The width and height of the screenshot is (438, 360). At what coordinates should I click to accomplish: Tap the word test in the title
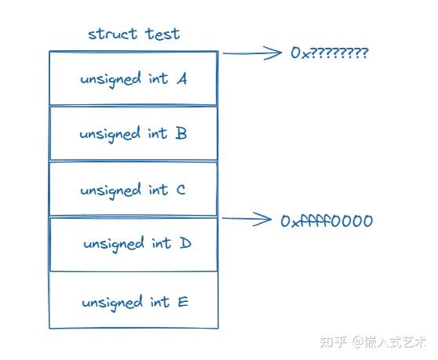[x=161, y=34]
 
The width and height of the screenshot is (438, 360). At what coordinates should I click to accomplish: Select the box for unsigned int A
[x=133, y=78]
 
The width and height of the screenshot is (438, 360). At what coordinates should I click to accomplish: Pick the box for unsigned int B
[x=133, y=133]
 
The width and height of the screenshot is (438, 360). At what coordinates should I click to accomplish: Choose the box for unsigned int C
[x=133, y=190]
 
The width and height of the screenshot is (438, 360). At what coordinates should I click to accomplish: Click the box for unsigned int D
[x=133, y=244]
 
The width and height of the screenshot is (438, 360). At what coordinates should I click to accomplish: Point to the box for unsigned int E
[x=133, y=301]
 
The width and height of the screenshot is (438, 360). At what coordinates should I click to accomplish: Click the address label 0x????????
[x=330, y=53]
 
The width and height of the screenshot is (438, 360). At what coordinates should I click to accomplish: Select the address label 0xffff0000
[x=327, y=220]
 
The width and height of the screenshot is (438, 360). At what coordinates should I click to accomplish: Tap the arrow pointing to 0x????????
[x=253, y=53]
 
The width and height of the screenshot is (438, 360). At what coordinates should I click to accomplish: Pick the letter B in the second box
[x=181, y=133]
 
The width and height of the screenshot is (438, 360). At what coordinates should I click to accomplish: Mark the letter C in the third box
[x=181, y=190]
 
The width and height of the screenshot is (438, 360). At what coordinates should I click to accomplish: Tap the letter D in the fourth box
[x=185, y=244]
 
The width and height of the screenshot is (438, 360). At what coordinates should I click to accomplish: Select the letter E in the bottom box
[x=183, y=301]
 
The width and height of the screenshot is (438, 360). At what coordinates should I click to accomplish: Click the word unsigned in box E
[x=111, y=303]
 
